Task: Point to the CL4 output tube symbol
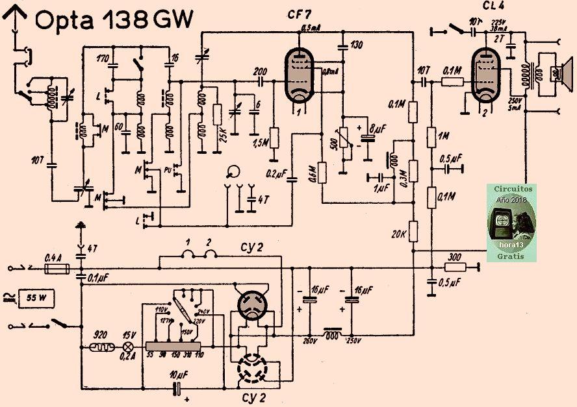click(x=487, y=77)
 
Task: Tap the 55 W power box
click(x=38, y=299)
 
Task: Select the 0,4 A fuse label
click(x=53, y=257)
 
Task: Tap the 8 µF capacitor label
click(x=376, y=128)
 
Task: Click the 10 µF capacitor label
click(x=177, y=376)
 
